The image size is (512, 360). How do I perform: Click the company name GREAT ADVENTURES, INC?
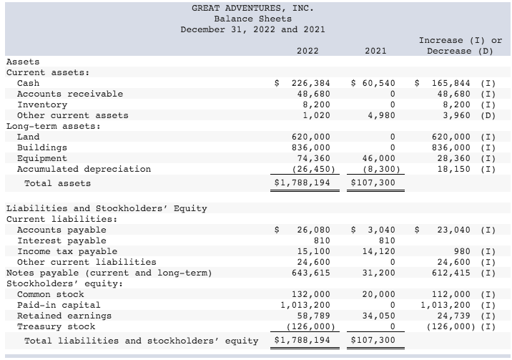coord(252,8)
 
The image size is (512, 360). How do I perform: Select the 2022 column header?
coord(307,51)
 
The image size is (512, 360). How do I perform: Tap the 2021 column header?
coord(375,51)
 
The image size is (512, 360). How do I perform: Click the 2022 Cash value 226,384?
coord(312,83)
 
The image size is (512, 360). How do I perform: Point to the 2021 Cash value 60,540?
coord(378,83)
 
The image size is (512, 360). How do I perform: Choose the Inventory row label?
coord(42,104)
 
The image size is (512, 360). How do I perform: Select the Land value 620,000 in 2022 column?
coord(312,137)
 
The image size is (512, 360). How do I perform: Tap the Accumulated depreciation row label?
coord(84,169)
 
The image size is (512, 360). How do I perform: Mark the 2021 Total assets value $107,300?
coord(373,183)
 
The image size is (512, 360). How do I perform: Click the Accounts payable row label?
coord(61,230)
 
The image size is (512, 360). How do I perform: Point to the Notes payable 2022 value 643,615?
coord(312,273)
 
